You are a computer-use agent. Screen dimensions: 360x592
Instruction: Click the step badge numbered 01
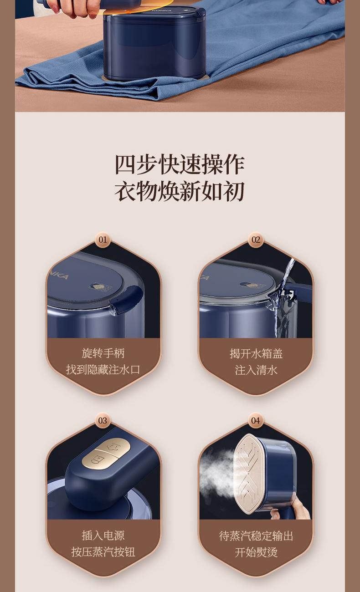103,240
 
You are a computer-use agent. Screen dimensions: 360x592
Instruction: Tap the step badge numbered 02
256,240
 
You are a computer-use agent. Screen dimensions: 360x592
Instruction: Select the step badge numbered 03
103,420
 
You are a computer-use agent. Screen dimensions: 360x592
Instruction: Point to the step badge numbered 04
256,420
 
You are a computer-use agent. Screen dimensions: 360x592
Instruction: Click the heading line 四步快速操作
180,165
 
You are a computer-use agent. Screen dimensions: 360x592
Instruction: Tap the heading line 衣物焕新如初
180,191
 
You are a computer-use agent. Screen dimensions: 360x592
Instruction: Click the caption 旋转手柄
103,353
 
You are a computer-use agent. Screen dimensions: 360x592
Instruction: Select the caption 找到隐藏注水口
103,369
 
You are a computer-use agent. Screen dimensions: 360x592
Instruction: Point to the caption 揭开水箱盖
256,353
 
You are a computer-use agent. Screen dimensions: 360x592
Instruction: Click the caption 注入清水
256,370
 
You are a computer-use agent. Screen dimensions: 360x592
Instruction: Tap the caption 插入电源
103,535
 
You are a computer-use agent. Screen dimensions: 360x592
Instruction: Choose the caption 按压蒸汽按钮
103,552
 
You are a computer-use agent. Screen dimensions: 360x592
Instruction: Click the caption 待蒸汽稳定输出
256,536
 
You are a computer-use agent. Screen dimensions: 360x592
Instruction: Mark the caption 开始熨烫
256,552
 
